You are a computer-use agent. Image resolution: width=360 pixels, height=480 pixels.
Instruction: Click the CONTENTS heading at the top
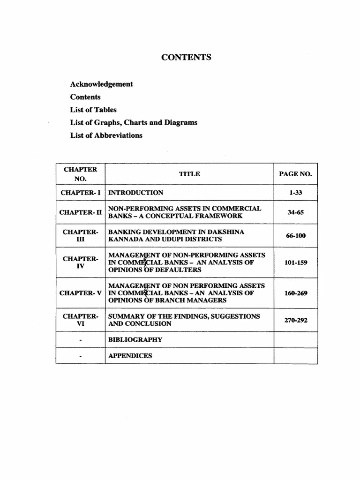pyautogui.click(x=186, y=58)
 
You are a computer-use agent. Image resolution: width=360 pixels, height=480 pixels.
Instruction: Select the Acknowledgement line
pyautogui.click(x=101, y=84)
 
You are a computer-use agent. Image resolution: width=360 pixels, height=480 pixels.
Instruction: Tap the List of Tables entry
pyautogui.click(x=93, y=110)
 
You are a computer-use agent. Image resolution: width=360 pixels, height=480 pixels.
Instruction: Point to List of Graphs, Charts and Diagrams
pyautogui.click(x=134, y=122)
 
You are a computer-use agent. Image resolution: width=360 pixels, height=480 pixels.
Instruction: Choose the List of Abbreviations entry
pyautogui.click(x=106, y=135)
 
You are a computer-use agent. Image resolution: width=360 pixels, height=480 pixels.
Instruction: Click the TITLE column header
pyautogui.click(x=189, y=174)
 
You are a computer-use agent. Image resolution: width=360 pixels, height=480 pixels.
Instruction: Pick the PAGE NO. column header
pyautogui.click(x=295, y=174)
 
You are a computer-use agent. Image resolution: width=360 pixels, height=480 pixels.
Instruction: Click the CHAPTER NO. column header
pyautogui.click(x=80, y=174)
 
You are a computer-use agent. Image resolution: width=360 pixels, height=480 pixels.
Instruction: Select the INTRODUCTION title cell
pyautogui.click(x=136, y=193)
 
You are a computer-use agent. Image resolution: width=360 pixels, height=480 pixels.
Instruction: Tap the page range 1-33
pyautogui.click(x=295, y=193)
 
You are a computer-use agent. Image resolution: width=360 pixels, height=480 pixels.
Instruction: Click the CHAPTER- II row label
pyautogui.click(x=80, y=212)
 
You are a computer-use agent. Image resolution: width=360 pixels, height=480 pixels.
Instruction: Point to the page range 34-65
pyautogui.click(x=295, y=212)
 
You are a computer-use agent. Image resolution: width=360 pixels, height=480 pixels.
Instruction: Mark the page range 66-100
pyautogui.click(x=295, y=235)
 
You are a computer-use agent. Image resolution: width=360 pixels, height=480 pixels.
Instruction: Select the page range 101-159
pyautogui.click(x=295, y=262)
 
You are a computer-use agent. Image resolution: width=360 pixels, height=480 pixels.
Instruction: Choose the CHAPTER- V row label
pyautogui.click(x=80, y=293)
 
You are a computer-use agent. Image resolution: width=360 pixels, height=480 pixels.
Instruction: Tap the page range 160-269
pyautogui.click(x=295, y=293)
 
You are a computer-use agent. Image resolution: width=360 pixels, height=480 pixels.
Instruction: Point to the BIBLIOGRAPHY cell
pyautogui.click(x=135, y=339)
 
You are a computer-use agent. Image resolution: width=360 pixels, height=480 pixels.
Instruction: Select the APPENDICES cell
pyautogui.click(x=130, y=356)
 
